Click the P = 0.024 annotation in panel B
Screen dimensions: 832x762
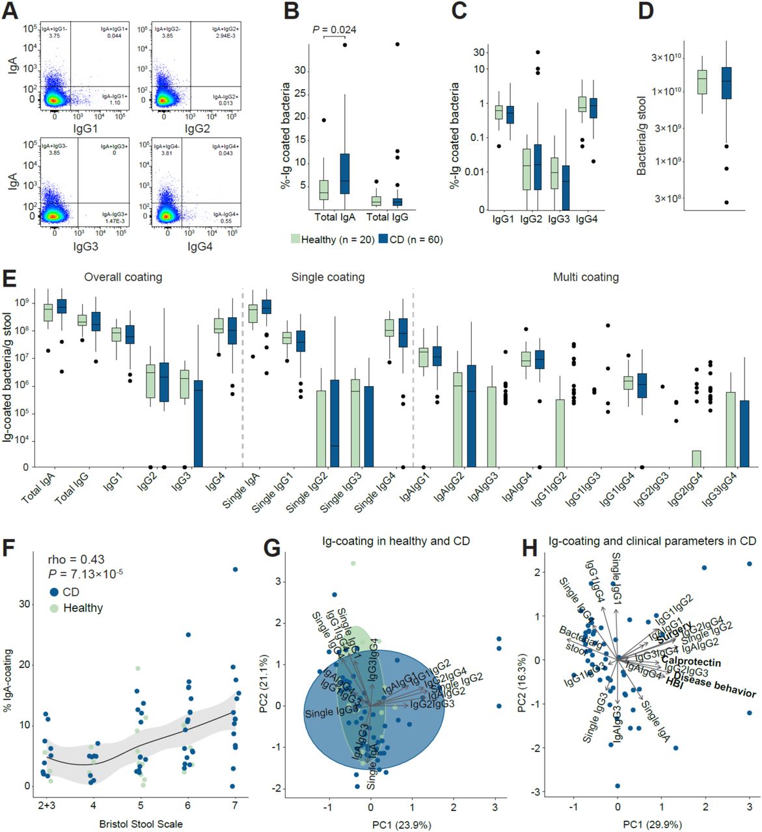point(334,29)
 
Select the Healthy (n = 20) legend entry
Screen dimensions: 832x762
point(332,240)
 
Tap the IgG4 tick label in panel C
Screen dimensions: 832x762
point(586,219)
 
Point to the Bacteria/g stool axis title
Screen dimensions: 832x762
point(642,135)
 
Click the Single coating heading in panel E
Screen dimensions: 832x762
point(327,278)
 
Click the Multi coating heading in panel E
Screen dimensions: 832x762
point(586,278)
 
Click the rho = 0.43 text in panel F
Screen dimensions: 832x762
point(76,559)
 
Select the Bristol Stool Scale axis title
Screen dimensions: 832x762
point(141,824)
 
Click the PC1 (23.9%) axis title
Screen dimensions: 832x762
point(401,825)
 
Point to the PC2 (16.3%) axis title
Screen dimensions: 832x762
point(523,673)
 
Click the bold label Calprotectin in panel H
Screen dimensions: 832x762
point(691,662)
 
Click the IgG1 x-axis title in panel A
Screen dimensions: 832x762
point(85,129)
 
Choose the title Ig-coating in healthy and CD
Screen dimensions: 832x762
point(396,541)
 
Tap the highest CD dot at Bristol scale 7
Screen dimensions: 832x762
point(235,569)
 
